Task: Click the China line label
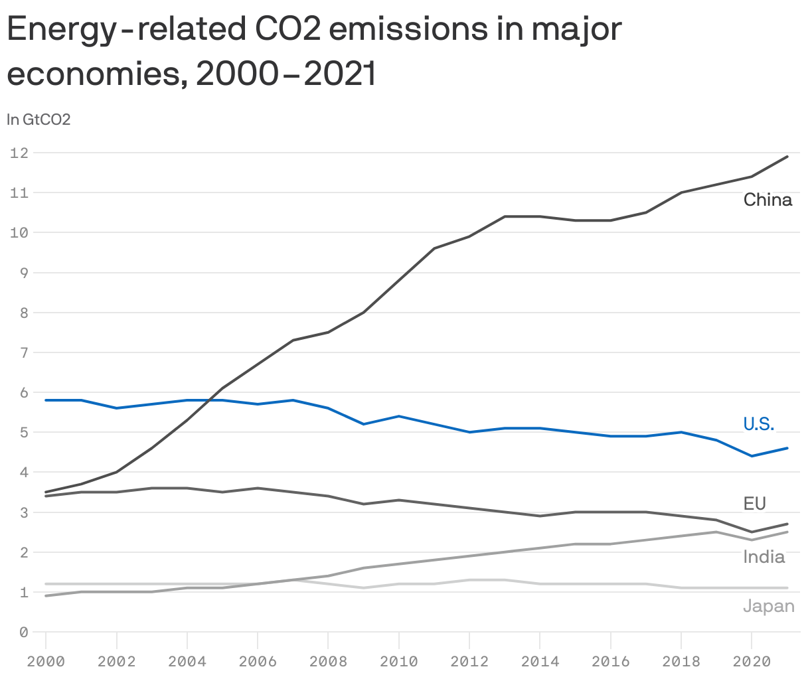click(768, 200)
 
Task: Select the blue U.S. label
click(758, 424)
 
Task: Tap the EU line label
click(754, 504)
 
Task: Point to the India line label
click(764, 557)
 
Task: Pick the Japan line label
click(768, 606)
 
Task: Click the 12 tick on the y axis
click(19, 153)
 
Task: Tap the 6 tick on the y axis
click(23, 393)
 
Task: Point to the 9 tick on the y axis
click(23, 273)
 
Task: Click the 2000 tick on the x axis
click(46, 661)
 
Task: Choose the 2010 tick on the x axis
click(398, 661)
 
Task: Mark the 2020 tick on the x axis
click(751, 661)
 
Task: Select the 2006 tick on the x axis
click(258, 661)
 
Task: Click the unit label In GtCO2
click(39, 119)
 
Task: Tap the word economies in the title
click(92, 74)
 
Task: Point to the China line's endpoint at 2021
click(787, 157)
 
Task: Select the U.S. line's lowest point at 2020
click(752, 456)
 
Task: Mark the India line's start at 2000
click(46, 596)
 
